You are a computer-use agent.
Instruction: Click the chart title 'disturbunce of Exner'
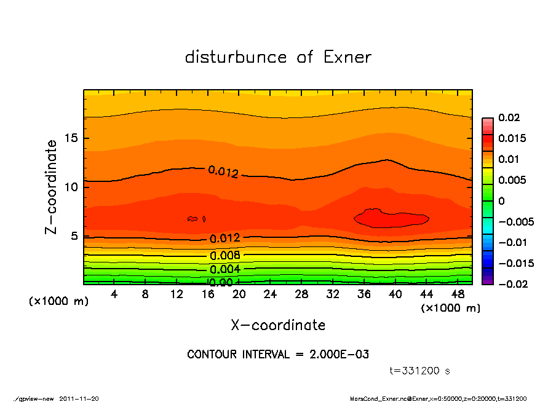tap(278, 57)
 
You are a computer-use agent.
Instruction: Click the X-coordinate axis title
tap(278, 325)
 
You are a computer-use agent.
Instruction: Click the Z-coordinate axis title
tap(52, 187)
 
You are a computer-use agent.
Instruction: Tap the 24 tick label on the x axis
tap(271, 295)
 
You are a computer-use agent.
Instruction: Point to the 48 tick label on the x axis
tap(458, 295)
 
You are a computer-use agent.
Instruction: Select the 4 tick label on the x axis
tap(114, 295)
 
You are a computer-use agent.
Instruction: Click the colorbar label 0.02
tap(509, 117)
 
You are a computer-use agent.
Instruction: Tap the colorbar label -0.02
tap(511, 284)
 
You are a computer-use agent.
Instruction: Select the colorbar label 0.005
tap(512, 180)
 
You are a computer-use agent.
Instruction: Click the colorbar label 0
tap(501, 201)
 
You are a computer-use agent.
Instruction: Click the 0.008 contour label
tap(225, 256)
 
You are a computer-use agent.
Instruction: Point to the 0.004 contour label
tap(225, 269)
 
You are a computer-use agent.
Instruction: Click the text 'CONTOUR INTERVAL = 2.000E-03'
tap(278, 355)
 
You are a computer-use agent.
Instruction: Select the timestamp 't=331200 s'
tap(420, 371)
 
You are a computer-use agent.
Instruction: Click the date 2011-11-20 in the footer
tap(79, 398)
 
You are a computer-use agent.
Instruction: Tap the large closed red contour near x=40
tap(391, 218)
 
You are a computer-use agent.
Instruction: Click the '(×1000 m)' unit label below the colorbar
tap(450, 308)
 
